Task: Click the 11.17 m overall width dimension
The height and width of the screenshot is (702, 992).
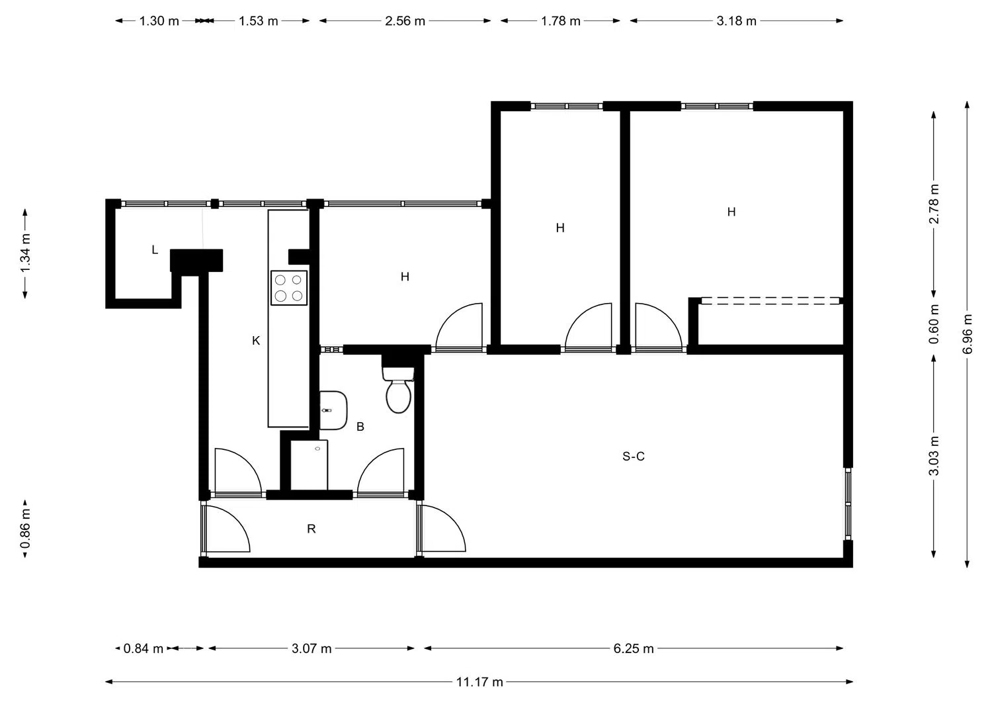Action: point(479,681)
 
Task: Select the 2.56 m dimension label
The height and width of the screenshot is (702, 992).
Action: point(405,21)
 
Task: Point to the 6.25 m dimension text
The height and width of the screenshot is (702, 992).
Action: point(634,648)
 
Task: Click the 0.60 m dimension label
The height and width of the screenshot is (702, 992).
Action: point(934,324)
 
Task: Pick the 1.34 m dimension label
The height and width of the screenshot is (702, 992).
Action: point(25,253)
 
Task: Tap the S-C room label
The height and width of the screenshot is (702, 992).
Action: point(634,456)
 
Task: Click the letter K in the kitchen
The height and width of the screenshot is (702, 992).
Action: point(256,340)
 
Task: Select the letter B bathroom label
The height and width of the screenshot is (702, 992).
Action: point(360,426)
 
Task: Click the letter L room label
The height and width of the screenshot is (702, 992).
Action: point(155,250)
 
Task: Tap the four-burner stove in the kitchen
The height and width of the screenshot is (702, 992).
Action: point(289,288)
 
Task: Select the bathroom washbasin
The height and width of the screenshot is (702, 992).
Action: point(333,410)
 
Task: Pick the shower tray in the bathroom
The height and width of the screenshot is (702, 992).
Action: point(309,465)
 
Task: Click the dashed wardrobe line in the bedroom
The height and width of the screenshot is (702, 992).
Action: point(770,300)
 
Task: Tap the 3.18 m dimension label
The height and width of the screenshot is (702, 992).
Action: point(736,21)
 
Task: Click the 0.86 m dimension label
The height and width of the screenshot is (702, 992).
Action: point(25,528)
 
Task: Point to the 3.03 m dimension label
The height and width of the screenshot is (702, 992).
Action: point(934,456)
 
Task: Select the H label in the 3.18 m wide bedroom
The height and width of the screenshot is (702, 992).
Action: point(731,212)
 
